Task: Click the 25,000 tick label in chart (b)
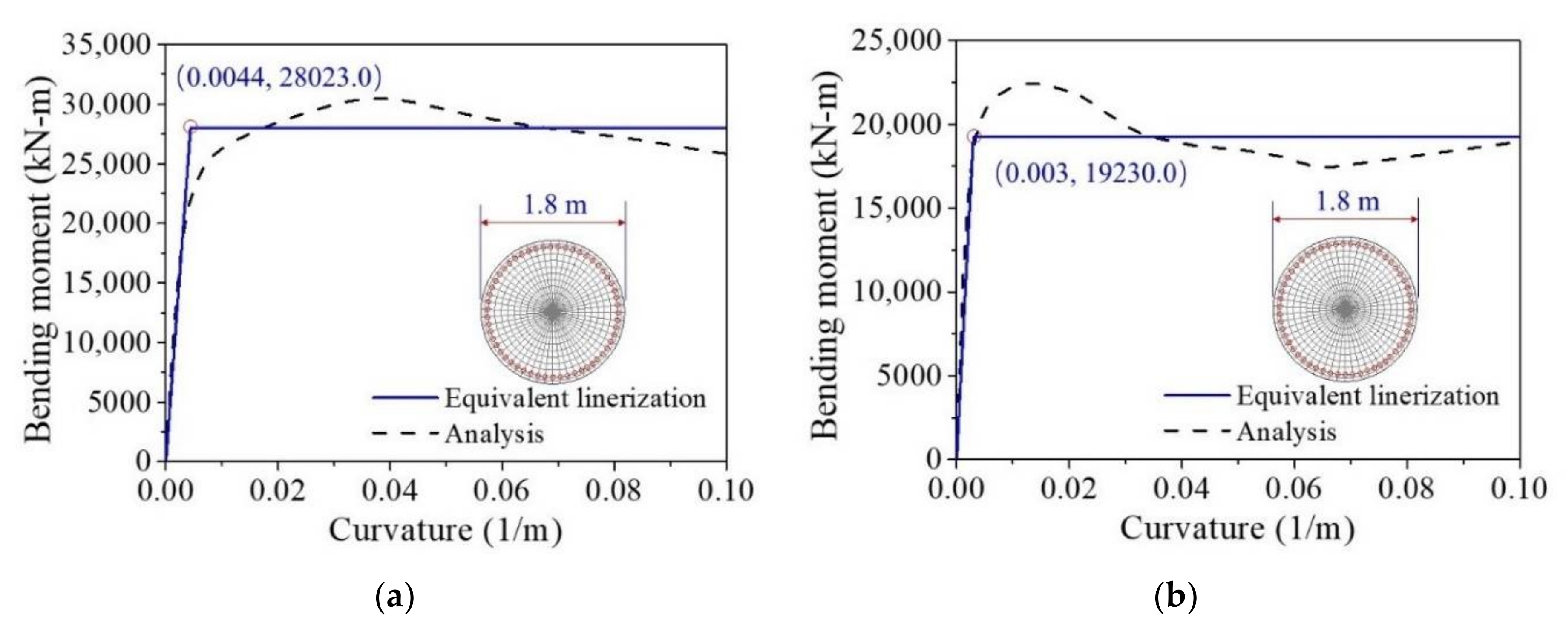(897, 41)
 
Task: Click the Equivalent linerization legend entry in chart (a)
(575, 398)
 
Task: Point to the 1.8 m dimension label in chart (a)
(555, 205)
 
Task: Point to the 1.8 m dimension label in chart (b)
(1347, 201)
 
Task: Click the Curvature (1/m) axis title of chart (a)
(446, 530)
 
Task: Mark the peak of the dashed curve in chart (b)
(1032, 83)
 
